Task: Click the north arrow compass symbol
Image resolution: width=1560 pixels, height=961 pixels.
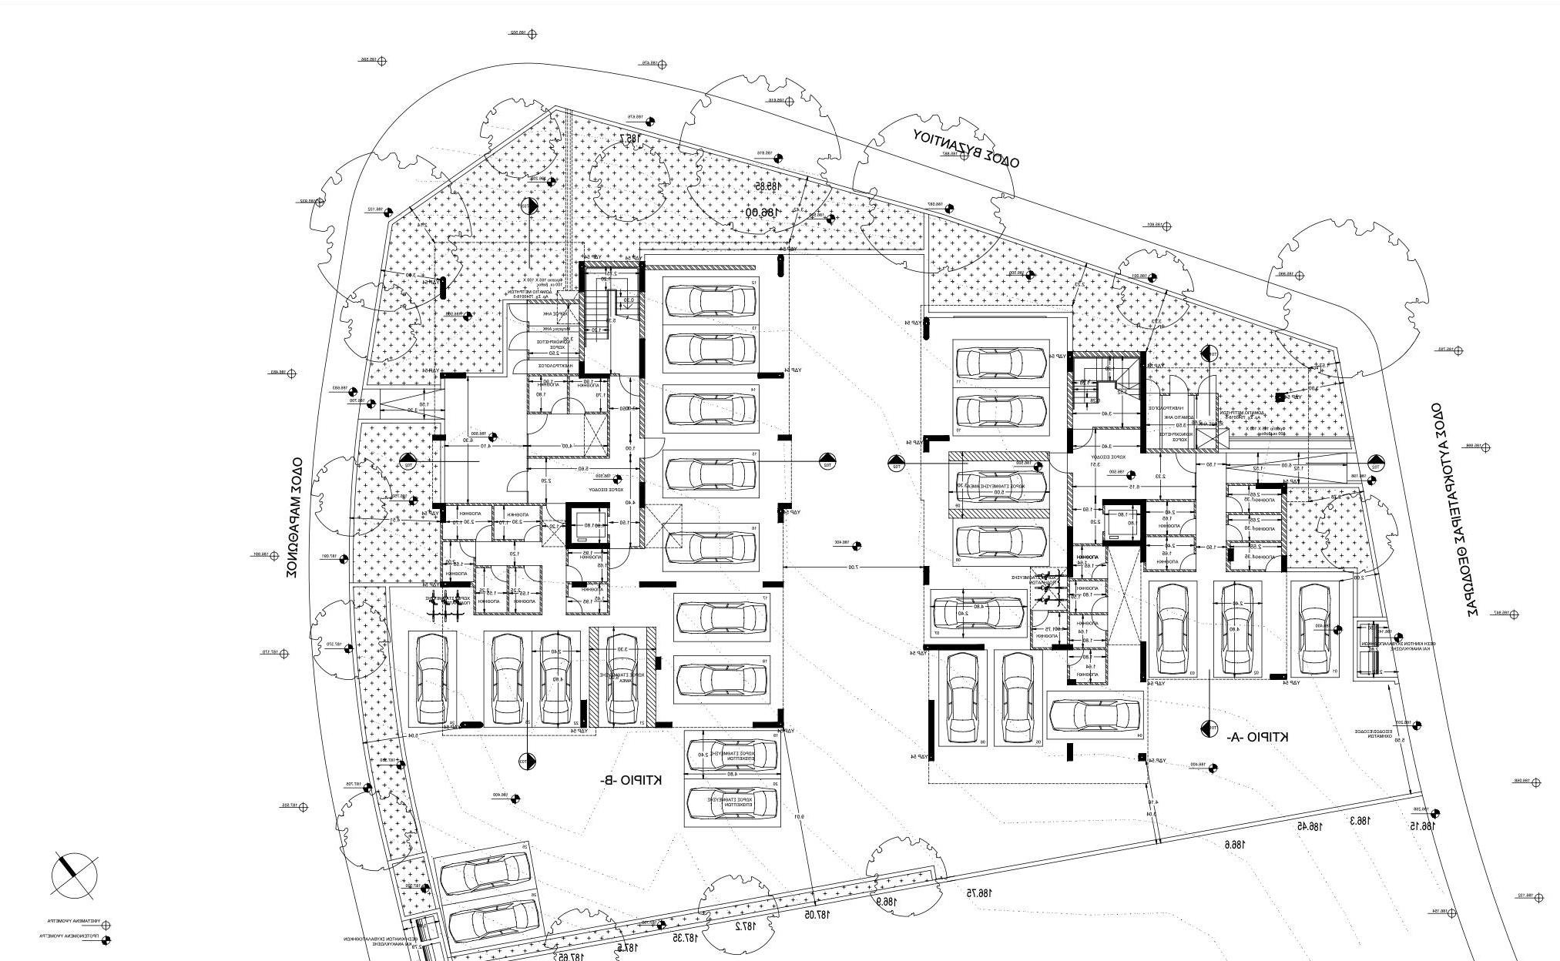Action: tap(75, 875)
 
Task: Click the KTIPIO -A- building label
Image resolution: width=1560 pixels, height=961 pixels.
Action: tap(1257, 737)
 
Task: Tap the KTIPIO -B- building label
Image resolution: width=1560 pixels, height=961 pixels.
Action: tap(632, 781)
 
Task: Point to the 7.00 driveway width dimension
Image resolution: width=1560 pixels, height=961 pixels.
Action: tap(852, 568)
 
